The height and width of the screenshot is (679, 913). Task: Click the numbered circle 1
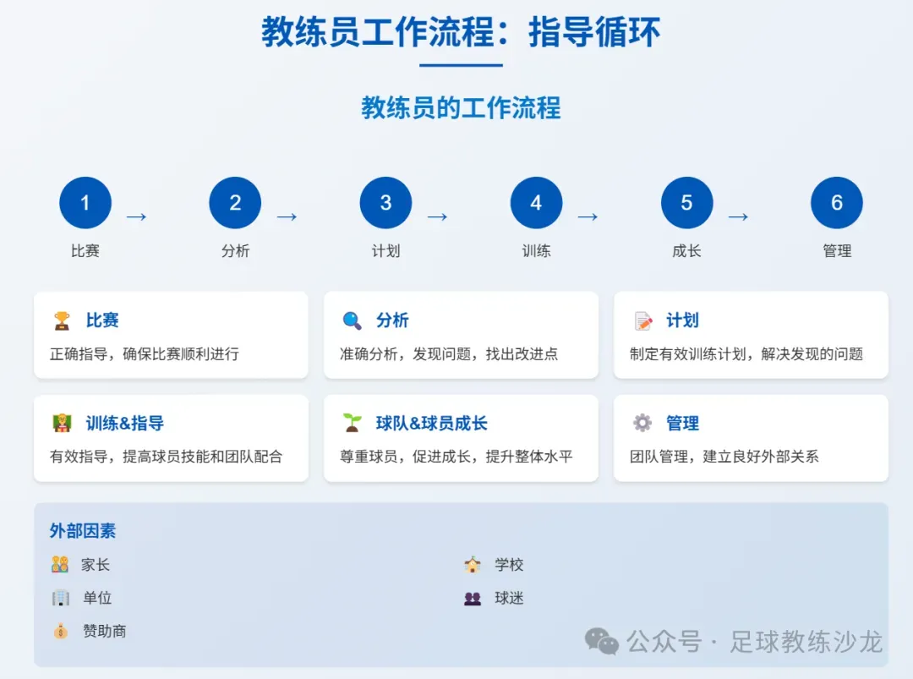85,203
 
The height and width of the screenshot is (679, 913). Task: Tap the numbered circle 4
536,203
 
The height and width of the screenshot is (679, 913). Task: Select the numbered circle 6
837,203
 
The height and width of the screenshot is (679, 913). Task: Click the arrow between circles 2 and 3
287,216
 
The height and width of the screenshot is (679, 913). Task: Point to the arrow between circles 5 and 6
738,216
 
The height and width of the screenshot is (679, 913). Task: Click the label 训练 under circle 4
536,250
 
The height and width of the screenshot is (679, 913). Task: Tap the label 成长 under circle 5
686,250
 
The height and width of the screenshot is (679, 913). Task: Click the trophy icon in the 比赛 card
62,320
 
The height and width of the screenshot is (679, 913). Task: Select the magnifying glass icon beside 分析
352,320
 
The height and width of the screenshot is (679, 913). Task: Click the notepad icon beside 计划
643,321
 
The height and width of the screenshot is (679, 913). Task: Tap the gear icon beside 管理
642,423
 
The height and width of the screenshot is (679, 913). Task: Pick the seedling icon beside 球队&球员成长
352,423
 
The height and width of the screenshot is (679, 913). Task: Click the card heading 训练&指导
124,424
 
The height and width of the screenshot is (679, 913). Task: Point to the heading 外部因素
83,531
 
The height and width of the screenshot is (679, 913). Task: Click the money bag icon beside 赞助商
60,631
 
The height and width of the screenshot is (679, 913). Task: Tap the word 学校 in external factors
509,565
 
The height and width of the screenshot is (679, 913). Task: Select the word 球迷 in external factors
509,598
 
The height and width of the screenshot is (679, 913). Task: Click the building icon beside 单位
60,598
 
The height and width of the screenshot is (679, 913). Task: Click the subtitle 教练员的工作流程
461,108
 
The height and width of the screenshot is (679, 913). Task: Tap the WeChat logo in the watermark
603,642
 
